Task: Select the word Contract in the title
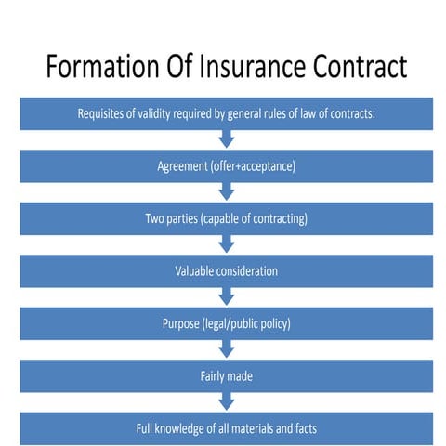tap(362, 69)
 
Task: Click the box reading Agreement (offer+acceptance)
tap(226, 167)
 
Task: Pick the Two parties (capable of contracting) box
tap(226, 219)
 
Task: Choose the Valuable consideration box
tap(226, 271)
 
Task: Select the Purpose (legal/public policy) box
tap(226, 323)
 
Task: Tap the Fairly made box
tap(226, 376)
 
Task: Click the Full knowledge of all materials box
tap(226, 428)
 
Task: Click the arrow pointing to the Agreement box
tap(227, 140)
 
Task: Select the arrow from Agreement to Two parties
tap(227, 192)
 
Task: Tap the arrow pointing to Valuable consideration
tap(227, 244)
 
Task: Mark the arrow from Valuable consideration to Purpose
tap(227, 297)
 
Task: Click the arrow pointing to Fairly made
tap(227, 349)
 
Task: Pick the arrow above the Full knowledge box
tap(227, 401)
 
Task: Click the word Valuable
tap(197, 271)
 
